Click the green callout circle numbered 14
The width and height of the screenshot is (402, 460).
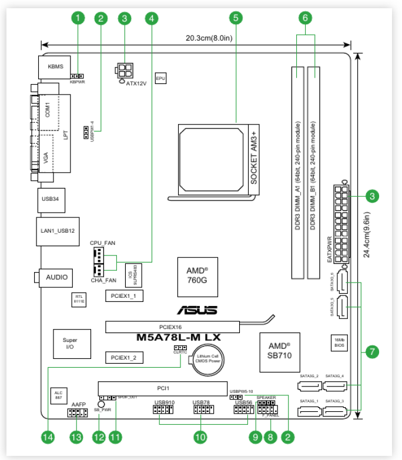tap(48, 437)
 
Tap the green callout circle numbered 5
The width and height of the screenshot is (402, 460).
tap(236, 18)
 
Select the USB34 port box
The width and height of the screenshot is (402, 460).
tap(51, 200)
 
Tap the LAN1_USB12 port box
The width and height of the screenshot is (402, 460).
tap(58, 231)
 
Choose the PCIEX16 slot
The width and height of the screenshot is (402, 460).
tap(172, 326)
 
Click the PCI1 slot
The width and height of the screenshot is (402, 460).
tap(163, 388)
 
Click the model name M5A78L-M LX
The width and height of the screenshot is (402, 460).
tap(179, 338)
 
